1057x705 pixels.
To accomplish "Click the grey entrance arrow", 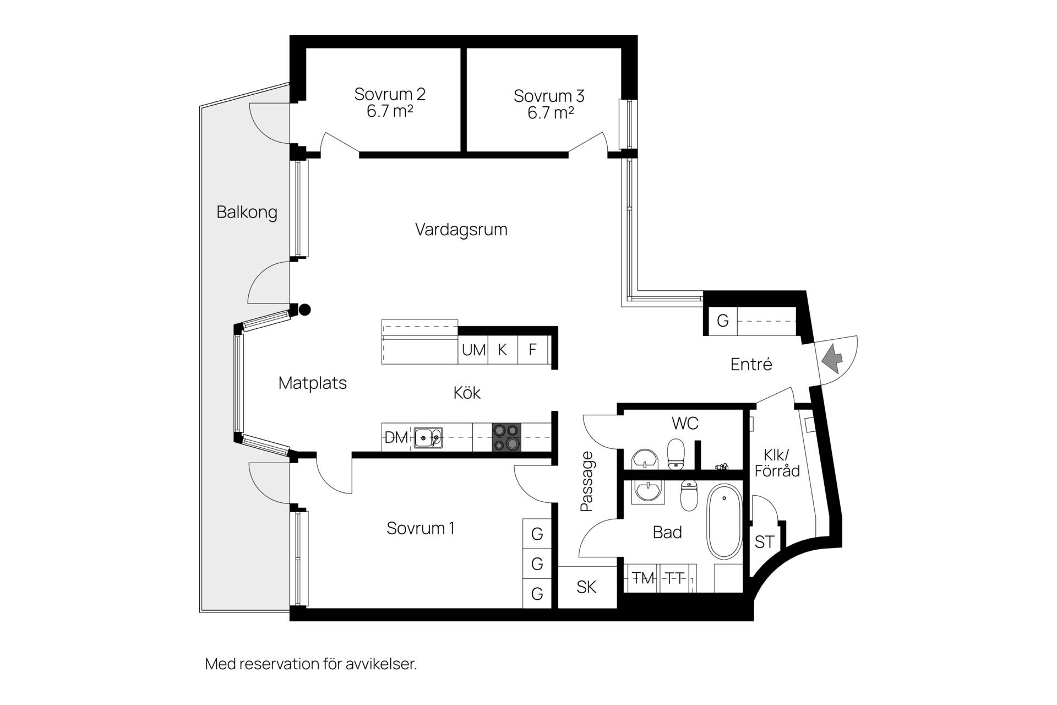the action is (x=832, y=360).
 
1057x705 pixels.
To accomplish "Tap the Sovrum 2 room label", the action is (x=390, y=102).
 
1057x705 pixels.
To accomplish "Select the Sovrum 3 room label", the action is (x=549, y=104).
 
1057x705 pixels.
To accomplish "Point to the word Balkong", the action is (x=247, y=213).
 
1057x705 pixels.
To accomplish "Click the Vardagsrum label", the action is (x=461, y=230).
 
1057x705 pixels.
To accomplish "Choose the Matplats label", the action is (x=313, y=383).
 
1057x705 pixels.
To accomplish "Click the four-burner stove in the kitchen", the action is (x=506, y=437).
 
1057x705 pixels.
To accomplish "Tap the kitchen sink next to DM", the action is (x=428, y=438).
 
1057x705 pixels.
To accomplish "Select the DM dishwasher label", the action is (x=396, y=438).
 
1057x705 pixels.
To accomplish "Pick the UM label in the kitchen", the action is (x=473, y=350).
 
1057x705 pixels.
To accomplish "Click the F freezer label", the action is (x=532, y=350).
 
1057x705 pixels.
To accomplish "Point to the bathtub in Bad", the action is (x=724, y=522).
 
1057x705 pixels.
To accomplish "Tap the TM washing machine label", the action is (x=642, y=578).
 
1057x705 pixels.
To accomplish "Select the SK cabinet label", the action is (x=586, y=587).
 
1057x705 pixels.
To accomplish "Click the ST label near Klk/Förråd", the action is (x=764, y=542).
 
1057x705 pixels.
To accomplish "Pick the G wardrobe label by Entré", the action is (x=722, y=321).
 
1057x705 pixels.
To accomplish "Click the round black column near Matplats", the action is (x=304, y=310).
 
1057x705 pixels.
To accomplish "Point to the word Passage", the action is (x=587, y=481).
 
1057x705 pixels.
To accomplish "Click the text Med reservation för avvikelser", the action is (x=311, y=664).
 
